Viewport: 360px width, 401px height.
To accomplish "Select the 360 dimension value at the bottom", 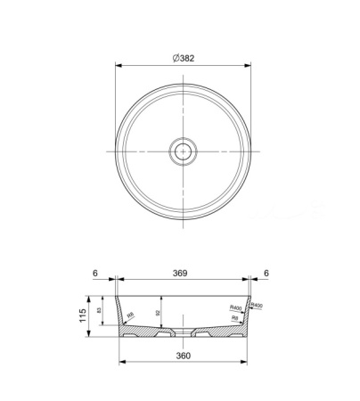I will pos(184,356).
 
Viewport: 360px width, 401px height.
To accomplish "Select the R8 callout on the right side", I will pos(234,317).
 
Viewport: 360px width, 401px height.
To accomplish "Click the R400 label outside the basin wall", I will pos(258,305).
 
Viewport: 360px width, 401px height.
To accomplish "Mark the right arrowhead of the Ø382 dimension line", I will pos(250,65).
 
